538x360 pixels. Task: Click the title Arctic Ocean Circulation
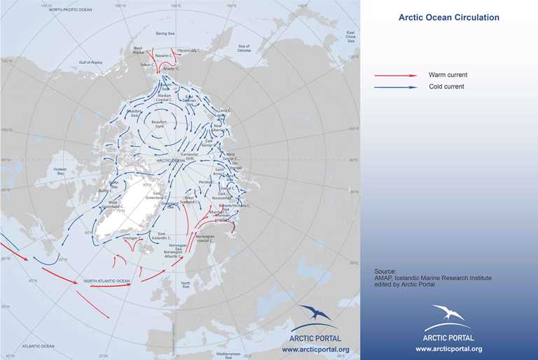[448, 18]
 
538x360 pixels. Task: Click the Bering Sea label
[163, 33]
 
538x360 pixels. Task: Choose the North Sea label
[185, 284]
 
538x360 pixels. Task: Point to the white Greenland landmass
[126, 210]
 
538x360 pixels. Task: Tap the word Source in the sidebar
[385, 270]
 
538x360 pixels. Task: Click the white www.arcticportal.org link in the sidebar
[448, 348]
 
